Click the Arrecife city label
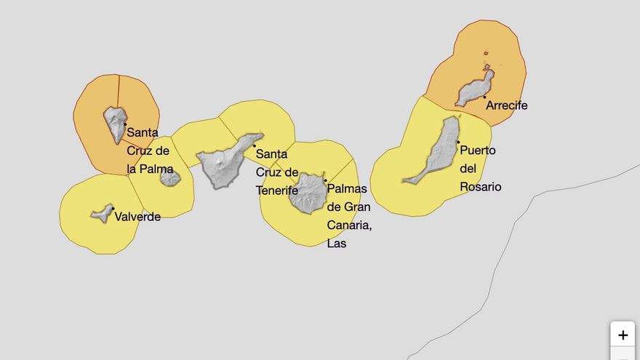pyautogui.click(x=507, y=105)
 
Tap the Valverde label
pyautogui.click(x=137, y=217)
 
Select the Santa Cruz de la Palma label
pyautogui.click(x=149, y=151)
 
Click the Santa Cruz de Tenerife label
pyautogui.click(x=277, y=172)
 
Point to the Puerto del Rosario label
pyautogui.click(x=480, y=169)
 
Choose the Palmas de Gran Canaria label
pyautogui.click(x=349, y=216)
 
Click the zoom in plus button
pyautogui.click(x=623, y=335)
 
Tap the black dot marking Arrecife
pyautogui.click(x=484, y=97)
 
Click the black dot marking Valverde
pyautogui.click(x=113, y=209)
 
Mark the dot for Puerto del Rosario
pyautogui.click(x=458, y=142)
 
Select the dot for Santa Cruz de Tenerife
pyautogui.click(x=254, y=146)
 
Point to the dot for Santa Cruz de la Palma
pyautogui.click(x=125, y=124)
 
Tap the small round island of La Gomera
pyautogui.click(x=170, y=177)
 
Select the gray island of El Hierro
pyautogui.click(x=103, y=214)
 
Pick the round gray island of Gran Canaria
pyautogui.click(x=308, y=193)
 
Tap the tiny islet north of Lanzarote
pyautogui.click(x=486, y=53)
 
